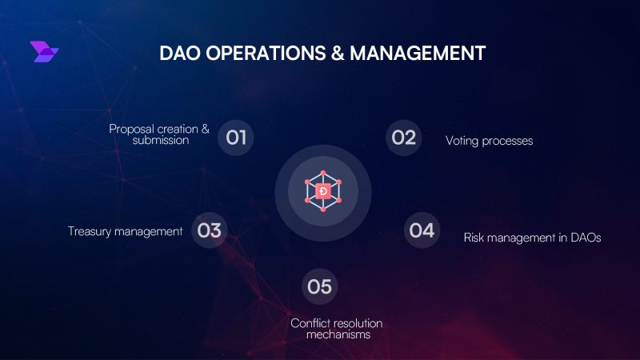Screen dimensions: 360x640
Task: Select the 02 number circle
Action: [404, 138]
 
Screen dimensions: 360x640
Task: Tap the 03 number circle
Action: [209, 231]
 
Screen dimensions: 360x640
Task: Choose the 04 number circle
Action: [422, 231]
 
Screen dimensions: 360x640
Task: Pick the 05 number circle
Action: [319, 286]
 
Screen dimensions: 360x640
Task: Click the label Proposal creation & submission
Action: [159, 134]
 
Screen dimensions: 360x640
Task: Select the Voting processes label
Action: [489, 141]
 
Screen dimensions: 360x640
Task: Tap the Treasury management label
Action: [126, 231]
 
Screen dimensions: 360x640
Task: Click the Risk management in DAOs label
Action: [532, 238]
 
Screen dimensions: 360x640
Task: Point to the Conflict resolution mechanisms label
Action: [336, 329]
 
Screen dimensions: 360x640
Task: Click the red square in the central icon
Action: [322, 191]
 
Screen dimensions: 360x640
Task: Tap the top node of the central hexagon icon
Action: [322, 173]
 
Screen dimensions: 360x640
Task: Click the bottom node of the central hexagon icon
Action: [322, 210]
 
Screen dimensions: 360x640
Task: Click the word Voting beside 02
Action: [462, 141]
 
